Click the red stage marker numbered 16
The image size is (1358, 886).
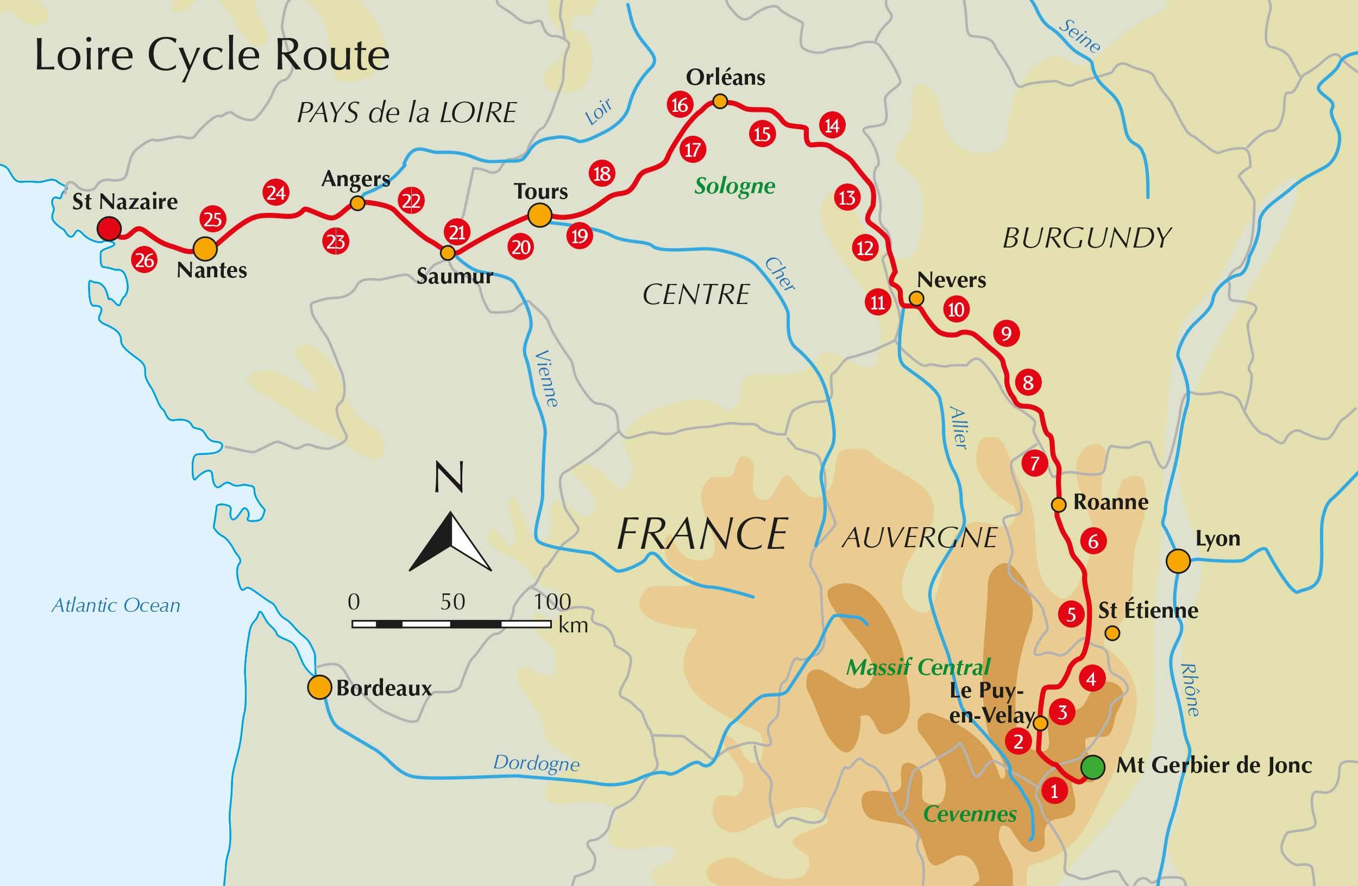coord(680,105)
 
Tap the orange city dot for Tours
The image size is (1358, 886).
coord(539,216)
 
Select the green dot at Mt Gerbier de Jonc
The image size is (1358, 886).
coord(1093,767)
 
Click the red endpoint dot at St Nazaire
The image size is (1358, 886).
coord(109,229)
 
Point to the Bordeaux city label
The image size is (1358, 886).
coord(383,688)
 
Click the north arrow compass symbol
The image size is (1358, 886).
coord(450,542)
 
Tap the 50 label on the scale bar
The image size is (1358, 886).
coord(452,602)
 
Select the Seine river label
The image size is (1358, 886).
coord(1079,37)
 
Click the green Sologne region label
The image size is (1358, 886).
coord(734,186)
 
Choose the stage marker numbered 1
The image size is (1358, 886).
coord(1053,791)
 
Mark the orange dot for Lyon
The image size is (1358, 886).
coord(1178,561)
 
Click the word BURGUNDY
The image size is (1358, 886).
coord(1086,238)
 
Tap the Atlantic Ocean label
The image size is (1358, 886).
coord(116,605)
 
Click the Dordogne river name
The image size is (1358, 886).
coord(536,763)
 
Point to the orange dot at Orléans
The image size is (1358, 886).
coord(720,102)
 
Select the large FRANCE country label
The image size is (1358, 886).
coord(702,534)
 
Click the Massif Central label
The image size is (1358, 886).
coord(917,667)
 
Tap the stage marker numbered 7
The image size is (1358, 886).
coord(1034,464)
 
